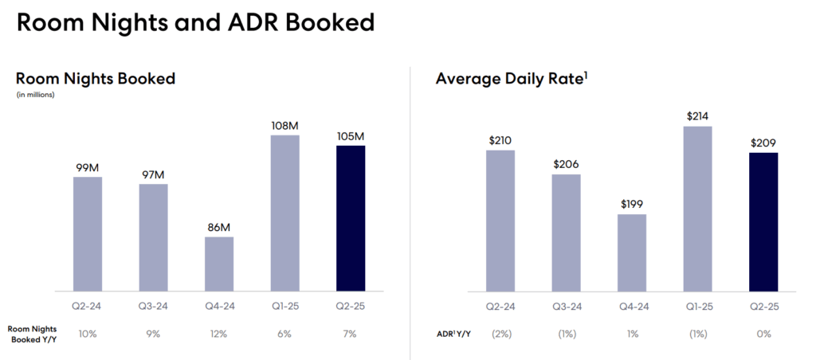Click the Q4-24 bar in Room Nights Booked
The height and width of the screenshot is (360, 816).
pyautogui.click(x=219, y=264)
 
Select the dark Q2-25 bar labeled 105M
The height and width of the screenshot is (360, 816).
pyautogui.click(x=351, y=218)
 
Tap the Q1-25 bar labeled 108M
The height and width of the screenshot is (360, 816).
pyautogui.click(x=284, y=213)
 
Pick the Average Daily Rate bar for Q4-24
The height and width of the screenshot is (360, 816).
pyautogui.click(x=632, y=252)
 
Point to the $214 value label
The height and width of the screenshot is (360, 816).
pyautogui.click(x=697, y=116)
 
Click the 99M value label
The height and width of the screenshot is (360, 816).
pyautogui.click(x=88, y=166)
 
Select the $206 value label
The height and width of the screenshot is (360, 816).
pyautogui.click(x=567, y=164)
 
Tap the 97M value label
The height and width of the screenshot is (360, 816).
pyautogui.click(x=153, y=174)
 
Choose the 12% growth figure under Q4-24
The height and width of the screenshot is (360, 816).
pyautogui.click(x=219, y=334)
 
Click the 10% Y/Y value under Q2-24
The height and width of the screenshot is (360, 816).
pyautogui.click(x=88, y=334)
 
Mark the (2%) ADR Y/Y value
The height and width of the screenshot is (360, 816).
pyautogui.click(x=501, y=334)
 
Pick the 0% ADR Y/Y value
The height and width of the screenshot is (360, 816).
pyautogui.click(x=763, y=334)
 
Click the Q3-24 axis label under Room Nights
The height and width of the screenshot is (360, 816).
pyautogui.click(x=153, y=307)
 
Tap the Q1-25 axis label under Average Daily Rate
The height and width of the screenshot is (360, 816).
pyautogui.click(x=697, y=307)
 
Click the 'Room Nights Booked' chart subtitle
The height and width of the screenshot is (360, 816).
pyautogui.click(x=96, y=78)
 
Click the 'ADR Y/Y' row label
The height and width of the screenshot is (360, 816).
pyautogui.click(x=453, y=334)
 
